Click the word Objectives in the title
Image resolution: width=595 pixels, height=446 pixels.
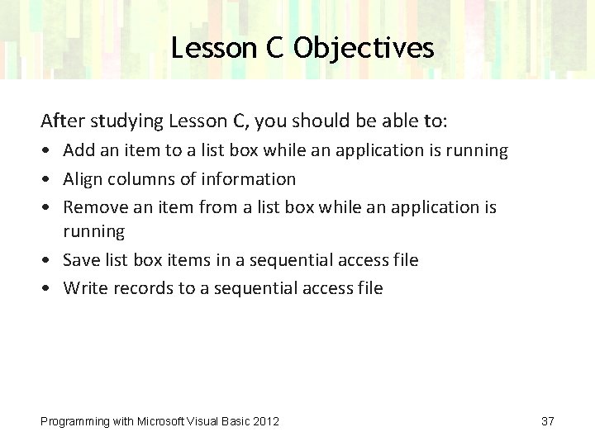coord(364,48)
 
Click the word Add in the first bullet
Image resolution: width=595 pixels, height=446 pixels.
coord(79,150)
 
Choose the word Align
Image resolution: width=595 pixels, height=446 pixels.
coord(83,178)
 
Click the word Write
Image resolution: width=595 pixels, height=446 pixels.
coord(83,288)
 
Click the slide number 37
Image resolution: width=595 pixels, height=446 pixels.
coord(547,421)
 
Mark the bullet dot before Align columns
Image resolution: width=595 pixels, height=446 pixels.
coord(48,179)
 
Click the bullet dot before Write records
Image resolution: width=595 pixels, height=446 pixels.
coord(48,289)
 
